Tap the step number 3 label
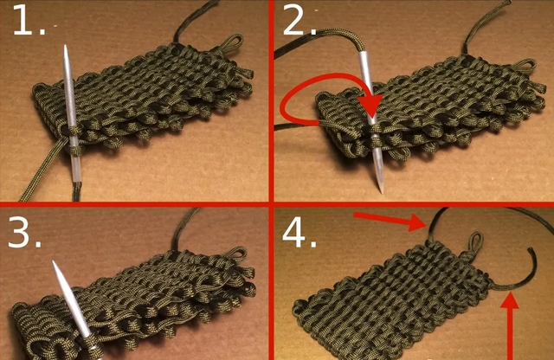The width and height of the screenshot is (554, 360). tap(24, 232)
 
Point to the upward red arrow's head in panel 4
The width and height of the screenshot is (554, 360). tap(510, 299)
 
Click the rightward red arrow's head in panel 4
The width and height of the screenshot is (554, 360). tap(417, 222)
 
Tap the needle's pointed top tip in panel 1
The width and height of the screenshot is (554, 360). tap(66, 46)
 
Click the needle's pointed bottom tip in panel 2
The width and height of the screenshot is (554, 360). tap(381, 192)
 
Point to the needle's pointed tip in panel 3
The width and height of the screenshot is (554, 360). tap(54, 262)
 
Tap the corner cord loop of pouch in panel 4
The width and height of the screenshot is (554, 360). tap(476, 243)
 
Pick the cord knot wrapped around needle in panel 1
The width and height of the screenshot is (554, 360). tap(74, 149)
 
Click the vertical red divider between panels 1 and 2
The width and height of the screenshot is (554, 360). tap(271, 101)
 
